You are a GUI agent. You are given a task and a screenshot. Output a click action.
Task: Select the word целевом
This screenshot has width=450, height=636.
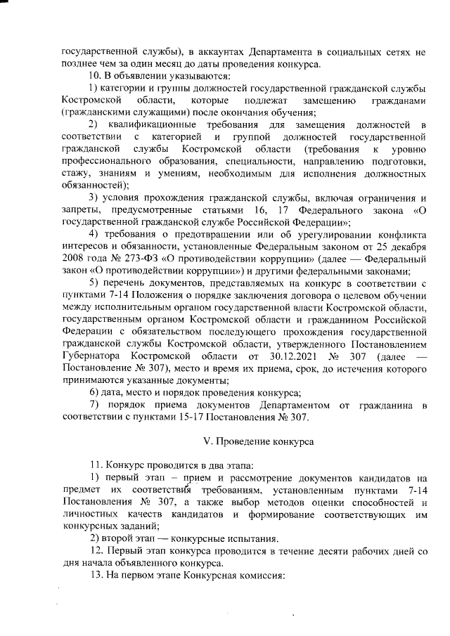tap(357, 295)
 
